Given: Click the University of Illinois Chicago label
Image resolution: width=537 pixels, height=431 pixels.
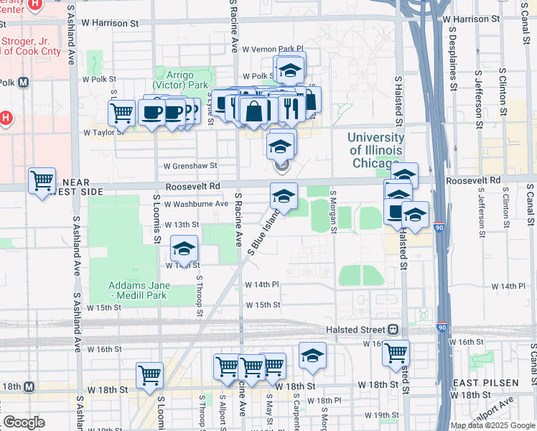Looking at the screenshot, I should point(376,149).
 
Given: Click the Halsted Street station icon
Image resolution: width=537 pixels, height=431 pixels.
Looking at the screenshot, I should point(393,329).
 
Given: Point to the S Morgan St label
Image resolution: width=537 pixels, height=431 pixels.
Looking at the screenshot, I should point(333,212).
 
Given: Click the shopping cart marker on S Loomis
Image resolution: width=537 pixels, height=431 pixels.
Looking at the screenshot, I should point(149,374).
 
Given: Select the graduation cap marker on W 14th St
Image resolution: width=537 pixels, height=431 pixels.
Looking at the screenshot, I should point(184,248).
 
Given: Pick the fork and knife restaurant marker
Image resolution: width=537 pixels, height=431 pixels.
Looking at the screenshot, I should point(291,108).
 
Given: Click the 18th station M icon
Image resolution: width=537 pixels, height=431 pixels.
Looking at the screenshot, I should point(29,387).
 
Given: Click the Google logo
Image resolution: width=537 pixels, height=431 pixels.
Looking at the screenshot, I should point(24,422).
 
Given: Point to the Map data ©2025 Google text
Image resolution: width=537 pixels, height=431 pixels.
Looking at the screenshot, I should point(492,425).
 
